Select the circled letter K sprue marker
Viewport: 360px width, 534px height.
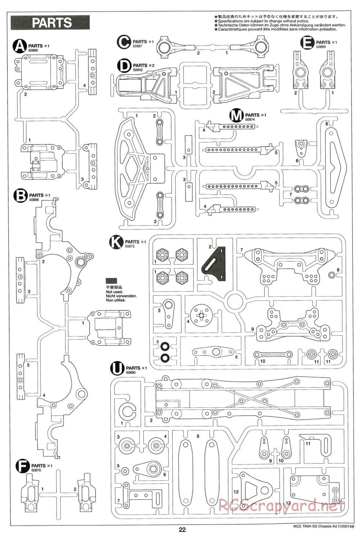[116, 242]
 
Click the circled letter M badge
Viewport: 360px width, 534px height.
[237, 115]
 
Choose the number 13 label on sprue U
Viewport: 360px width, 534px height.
[288, 503]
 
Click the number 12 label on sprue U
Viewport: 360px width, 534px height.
[236, 491]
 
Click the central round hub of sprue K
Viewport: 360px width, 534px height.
[234, 300]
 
